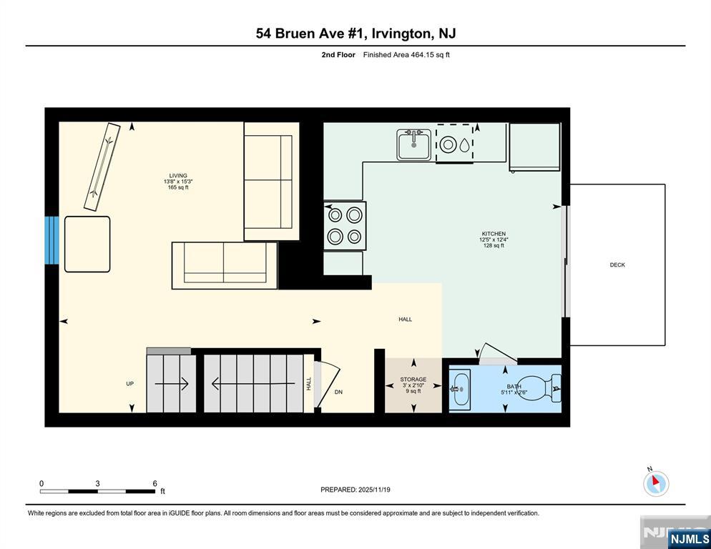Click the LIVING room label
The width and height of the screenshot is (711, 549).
click(x=178, y=175)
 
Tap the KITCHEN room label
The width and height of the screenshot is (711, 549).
click(x=494, y=234)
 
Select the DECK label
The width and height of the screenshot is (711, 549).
click(x=617, y=264)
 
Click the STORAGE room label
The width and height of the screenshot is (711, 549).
click(x=413, y=380)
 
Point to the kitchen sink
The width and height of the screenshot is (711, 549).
click(x=414, y=144)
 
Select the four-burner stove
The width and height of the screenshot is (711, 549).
click(x=345, y=226)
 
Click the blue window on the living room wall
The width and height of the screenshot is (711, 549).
click(x=52, y=240)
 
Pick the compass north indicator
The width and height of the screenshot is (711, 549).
click(x=656, y=483)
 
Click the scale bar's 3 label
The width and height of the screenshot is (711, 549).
click(x=97, y=483)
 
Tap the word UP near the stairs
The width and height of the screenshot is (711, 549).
click(x=130, y=384)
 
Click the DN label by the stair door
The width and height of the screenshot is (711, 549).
click(x=339, y=392)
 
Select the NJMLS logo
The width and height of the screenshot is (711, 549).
click(x=690, y=538)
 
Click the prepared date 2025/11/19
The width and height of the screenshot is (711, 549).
click(x=374, y=490)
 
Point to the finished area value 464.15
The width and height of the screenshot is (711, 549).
click(x=423, y=55)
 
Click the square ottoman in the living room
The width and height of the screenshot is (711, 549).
click(x=87, y=244)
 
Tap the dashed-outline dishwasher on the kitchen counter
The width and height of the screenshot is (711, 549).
click(x=455, y=143)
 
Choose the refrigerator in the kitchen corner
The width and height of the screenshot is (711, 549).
click(x=534, y=147)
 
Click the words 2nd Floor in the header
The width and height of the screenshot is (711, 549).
click(x=338, y=55)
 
